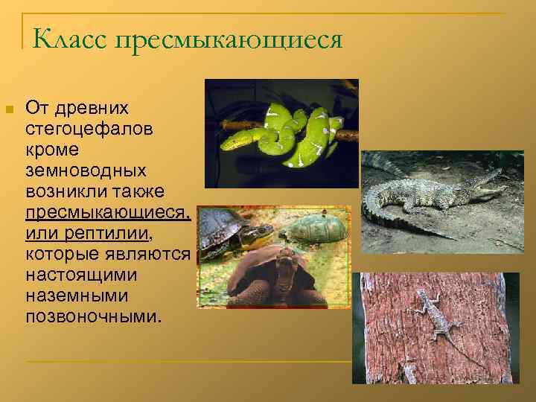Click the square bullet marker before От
pyautogui.click(x=10, y=109)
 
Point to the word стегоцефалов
pyautogui.click(x=89, y=130)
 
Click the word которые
pyautogui.click(x=59, y=255)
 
